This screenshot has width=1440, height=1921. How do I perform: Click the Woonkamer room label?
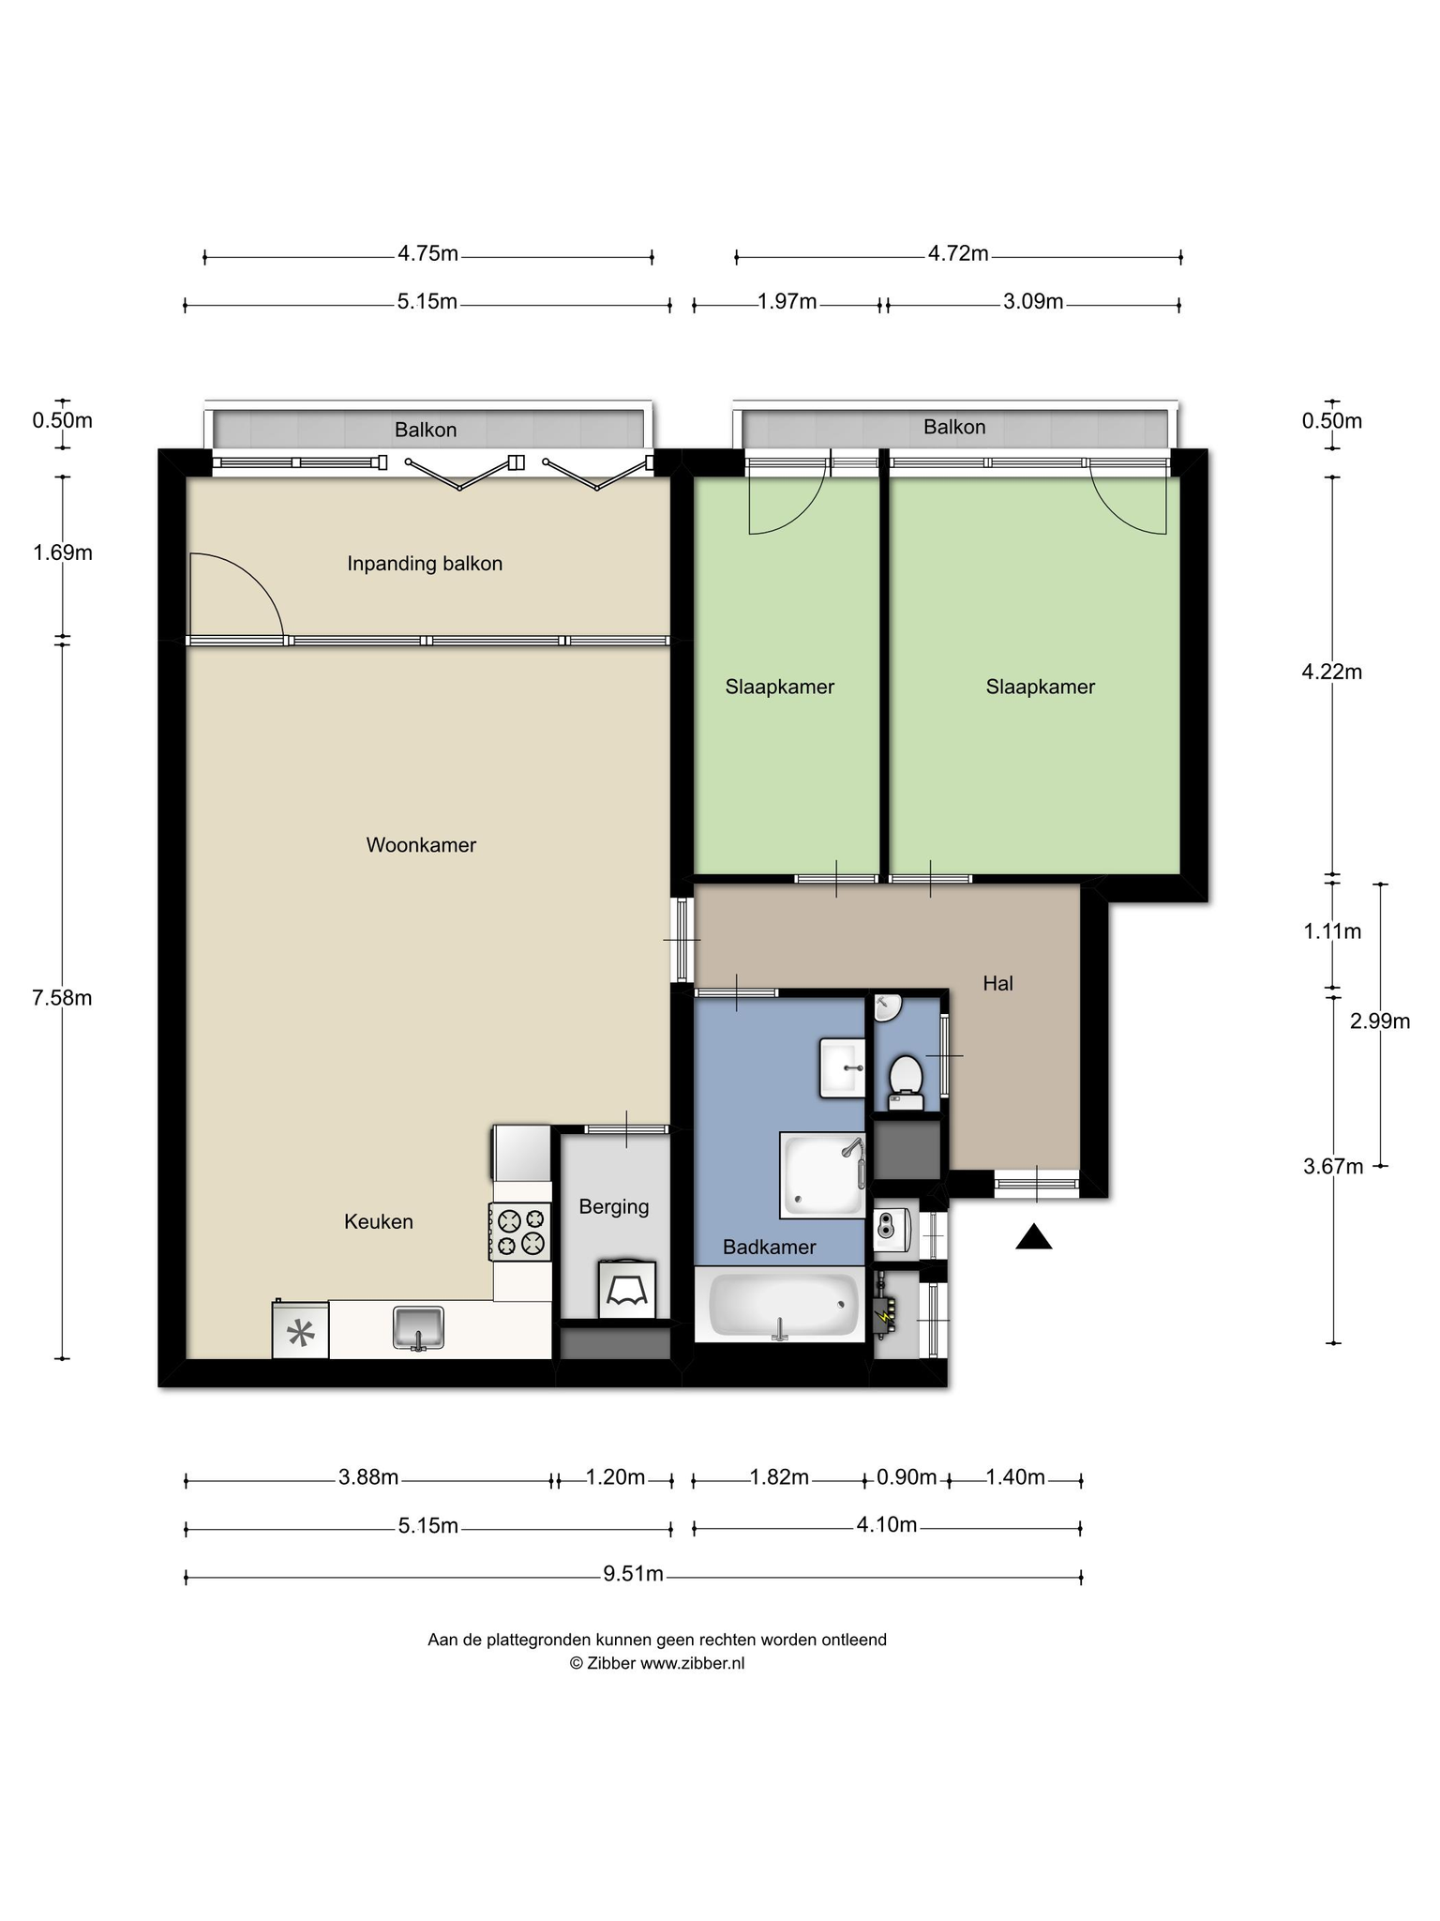tap(421, 845)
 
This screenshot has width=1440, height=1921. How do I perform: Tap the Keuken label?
tap(379, 1221)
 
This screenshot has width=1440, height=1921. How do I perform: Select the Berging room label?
tap(614, 1207)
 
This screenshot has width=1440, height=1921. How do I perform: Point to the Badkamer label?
tap(769, 1248)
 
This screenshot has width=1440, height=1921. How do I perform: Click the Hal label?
tap(997, 983)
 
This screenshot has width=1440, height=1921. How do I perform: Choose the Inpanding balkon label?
tap(425, 564)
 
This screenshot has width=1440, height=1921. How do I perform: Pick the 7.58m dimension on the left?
tap(62, 998)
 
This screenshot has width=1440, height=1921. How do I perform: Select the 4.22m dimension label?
tap(1332, 672)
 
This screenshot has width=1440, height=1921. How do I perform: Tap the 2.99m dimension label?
tap(1380, 1021)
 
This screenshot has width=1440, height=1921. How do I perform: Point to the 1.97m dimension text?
tap(787, 302)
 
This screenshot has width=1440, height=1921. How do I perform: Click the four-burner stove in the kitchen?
tap(520, 1233)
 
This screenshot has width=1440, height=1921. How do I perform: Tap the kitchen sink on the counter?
tap(418, 1327)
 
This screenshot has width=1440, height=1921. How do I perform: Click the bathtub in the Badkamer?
tap(782, 1305)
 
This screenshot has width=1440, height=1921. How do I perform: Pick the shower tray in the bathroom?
tap(823, 1175)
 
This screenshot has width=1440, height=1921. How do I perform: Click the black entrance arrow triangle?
tap(1034, 1238)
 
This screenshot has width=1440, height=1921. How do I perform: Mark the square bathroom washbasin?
tap(842, 1067)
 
